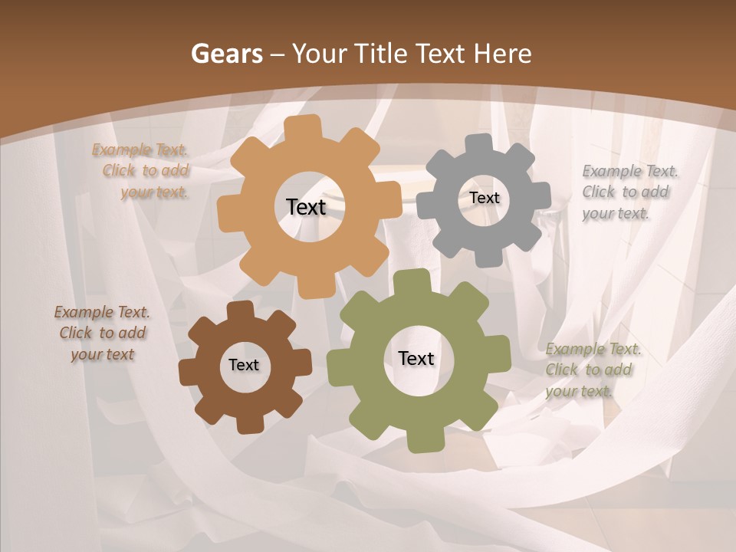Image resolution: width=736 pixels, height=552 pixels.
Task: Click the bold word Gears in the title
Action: (x=226, y=54)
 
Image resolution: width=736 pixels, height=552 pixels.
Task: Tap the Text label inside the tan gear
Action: (x=306, y=207)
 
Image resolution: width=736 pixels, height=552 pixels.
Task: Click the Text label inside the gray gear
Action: (x=484, y=198)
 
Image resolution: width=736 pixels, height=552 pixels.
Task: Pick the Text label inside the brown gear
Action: (x=244, y=365)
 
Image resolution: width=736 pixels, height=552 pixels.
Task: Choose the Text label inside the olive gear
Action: (x=416, y=358)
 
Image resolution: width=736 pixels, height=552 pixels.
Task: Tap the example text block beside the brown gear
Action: (x=103, y=333)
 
